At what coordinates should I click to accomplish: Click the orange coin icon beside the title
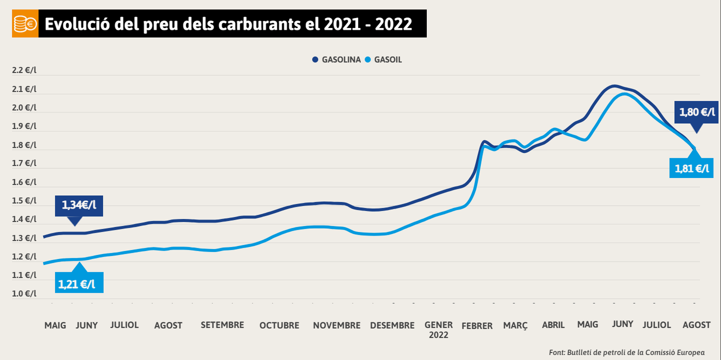tap(25, 24)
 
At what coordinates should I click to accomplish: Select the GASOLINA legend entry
tap(337, 59)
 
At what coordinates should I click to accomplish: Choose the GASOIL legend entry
tap(384, 59)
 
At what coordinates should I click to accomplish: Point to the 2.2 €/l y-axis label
tap(24, 70)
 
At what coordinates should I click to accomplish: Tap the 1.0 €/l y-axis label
tap(24, 294)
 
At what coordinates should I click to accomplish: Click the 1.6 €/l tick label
tap(24, 182)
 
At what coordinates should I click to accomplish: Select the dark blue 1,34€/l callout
tap(79, 205)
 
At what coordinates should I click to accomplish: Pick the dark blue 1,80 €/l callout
tap(696, 112)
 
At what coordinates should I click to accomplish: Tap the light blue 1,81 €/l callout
tap(691, 169)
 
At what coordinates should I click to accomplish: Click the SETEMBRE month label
tap(222, 325)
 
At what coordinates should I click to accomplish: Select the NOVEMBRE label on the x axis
tap(337, 325)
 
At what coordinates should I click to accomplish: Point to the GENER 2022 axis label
tap(438, 329)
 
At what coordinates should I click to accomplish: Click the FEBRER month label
tap(477, 326)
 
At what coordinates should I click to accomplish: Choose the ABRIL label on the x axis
tap(553, 325)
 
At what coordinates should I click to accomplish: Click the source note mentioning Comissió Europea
tap(626, 352)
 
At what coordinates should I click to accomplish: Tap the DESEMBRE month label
tap(392, 325)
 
